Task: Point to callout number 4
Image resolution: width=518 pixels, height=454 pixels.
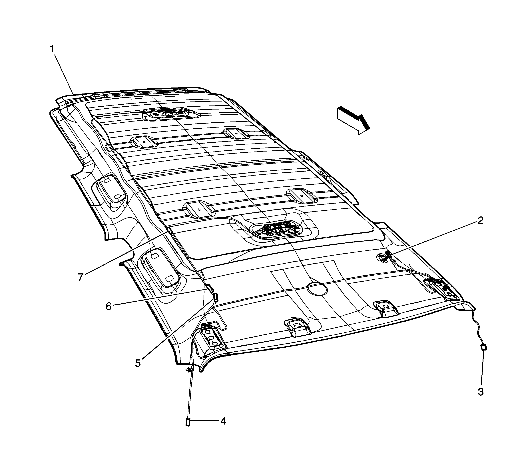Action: point(223,421)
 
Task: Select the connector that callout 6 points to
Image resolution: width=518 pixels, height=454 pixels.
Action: point(210,288)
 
